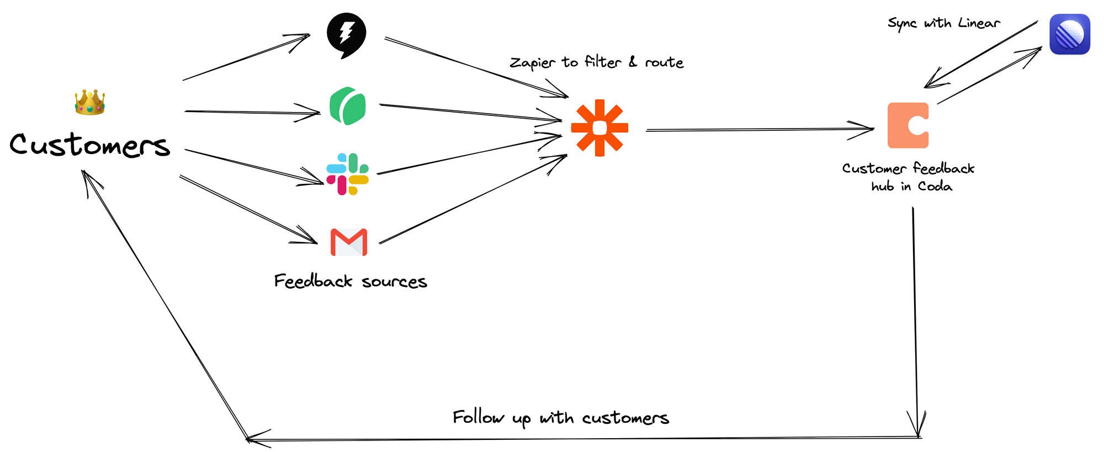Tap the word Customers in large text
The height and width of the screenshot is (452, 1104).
89,145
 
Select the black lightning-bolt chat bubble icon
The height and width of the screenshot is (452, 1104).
346,35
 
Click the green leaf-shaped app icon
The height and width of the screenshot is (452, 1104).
348,106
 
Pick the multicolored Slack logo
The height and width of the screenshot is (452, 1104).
347,174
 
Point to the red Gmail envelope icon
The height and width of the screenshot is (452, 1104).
349,242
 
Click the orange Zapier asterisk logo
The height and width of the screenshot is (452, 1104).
599,128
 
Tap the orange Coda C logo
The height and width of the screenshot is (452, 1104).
908,125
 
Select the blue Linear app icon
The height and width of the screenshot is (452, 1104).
1069,34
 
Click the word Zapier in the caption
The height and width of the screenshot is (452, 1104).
533,63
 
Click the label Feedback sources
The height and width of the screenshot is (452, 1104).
351,281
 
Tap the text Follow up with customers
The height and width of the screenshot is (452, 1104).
560,418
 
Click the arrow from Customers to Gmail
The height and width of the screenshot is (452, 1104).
248,210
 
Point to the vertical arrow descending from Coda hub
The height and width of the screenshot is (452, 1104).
915,320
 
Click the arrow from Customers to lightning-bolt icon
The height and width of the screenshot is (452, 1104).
246,57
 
